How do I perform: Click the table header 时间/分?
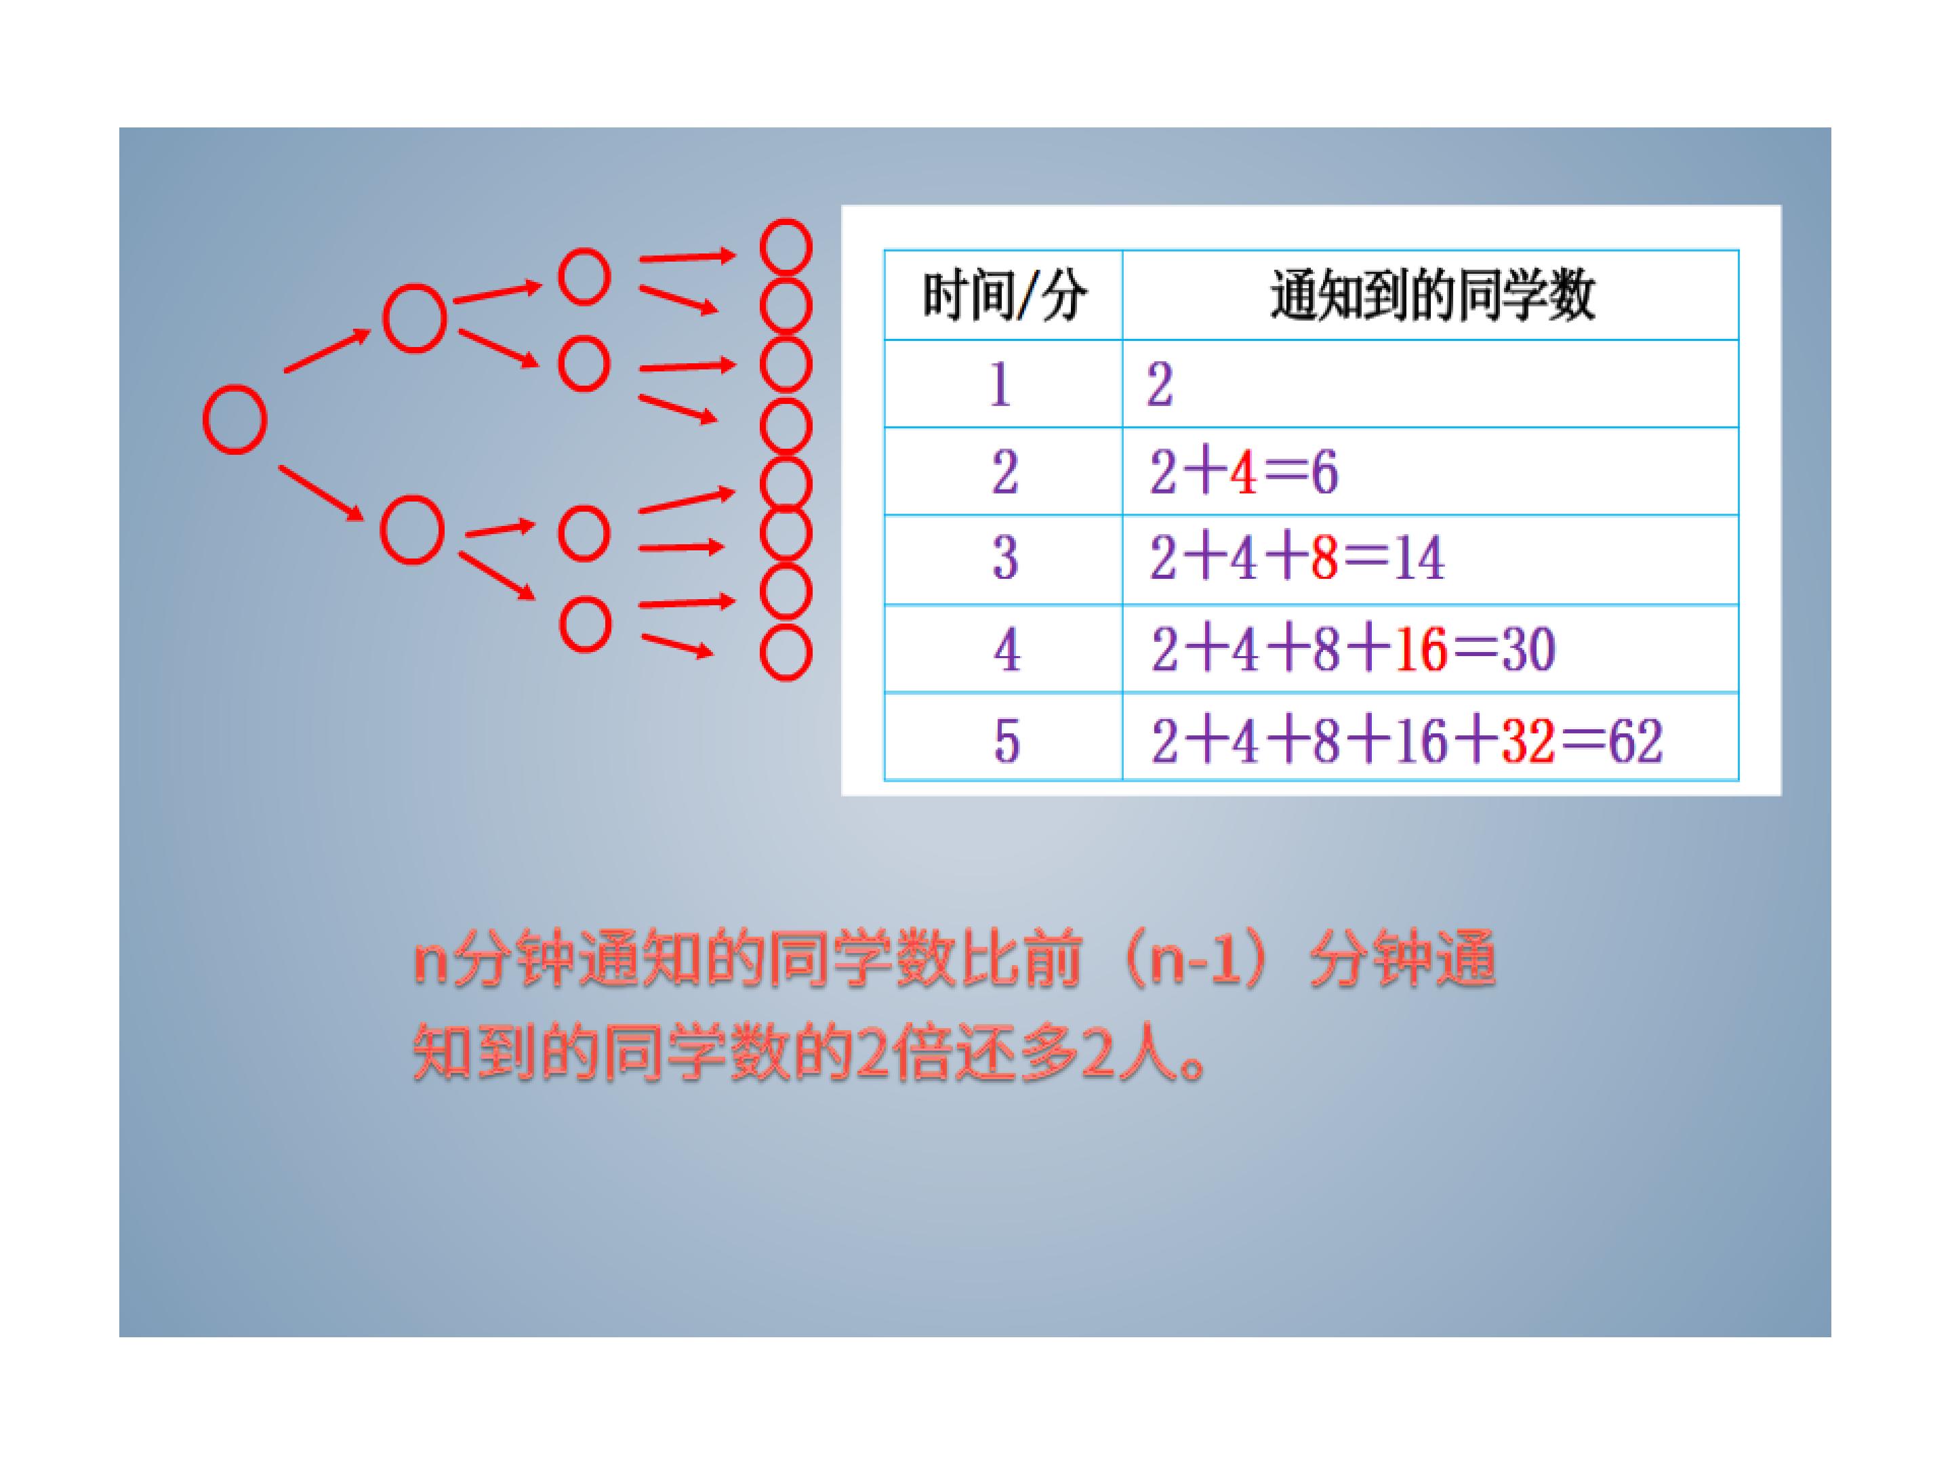coord(1004,296)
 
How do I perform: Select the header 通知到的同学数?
coord(1432,296)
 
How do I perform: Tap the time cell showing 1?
coord(1000,385)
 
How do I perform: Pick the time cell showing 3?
coord(1005,558)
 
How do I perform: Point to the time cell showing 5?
coord(1006,740)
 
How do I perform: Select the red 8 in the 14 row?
coord(1324,558)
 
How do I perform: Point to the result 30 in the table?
coord(1528,651)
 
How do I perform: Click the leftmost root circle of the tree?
coord(235,419)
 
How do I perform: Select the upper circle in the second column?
coord(414,318)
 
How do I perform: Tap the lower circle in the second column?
coord(412,529)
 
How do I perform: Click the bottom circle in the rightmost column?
coord(786,652)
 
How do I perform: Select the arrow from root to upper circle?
coord(327,350)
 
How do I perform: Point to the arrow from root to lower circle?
coord(321,493)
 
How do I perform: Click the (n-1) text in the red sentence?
coord(1196,962)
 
